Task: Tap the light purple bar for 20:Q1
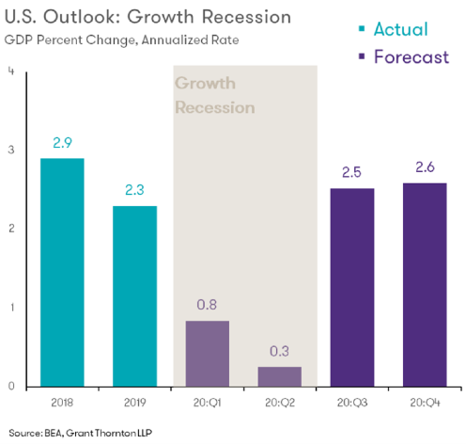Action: coord(208,354)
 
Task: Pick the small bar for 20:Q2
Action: coord(279,376)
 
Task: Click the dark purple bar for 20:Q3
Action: coord(352,288)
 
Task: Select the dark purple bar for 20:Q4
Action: coord(424,284)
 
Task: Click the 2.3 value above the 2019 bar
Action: coord(134,191)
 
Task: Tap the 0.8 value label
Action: coord(208,306)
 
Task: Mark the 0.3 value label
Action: coord(280,351)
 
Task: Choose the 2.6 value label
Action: coord(424,167)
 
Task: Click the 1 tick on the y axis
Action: coord(9,308)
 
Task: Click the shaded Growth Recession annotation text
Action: coord(215,95)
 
